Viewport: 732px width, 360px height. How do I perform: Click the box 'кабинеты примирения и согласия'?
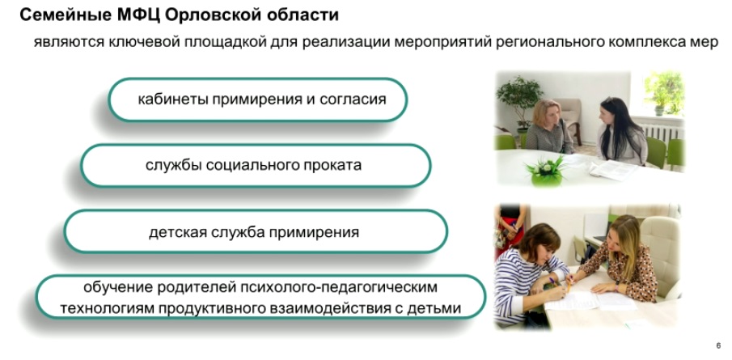coord(258,100)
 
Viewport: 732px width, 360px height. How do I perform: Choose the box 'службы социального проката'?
coord(256,166)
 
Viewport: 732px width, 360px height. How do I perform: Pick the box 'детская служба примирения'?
coord(256,232)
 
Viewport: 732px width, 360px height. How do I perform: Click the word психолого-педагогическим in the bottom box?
coord(338,287)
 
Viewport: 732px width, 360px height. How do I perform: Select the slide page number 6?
coord(718,346)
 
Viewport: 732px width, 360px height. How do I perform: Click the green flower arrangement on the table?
coord(546,172)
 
